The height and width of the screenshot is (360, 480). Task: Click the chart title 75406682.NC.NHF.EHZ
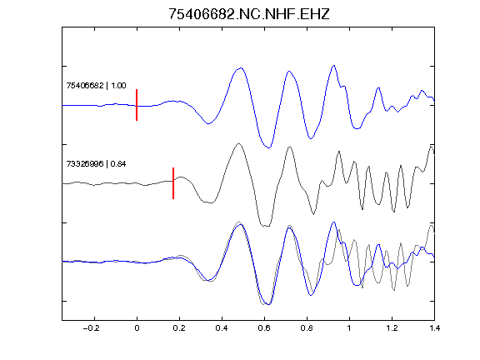pyautogui.click(x=249, y=14)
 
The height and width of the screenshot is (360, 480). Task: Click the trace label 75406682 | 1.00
pyautogui.click(x=96, y=85)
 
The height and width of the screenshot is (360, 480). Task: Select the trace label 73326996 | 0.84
pyautogui.click(x=96, y=164)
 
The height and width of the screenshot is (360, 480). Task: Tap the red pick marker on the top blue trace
pyautogui.click(x=137, y=105)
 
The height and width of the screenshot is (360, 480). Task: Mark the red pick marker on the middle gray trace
pyautogui.click(x=173, y=183)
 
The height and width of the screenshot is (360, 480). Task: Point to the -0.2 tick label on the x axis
pyautogui.click(x=92, y=328)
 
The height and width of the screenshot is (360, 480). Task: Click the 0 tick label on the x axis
pyautogui.click(x=137, y=328)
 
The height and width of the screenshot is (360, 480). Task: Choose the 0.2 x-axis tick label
pyautogui.click(x=179, y=328)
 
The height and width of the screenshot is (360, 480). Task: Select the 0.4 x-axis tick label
pyautogui.click(x=222, y=328)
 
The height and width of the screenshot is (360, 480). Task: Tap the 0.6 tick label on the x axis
pyautogui.click(x=264, y=328)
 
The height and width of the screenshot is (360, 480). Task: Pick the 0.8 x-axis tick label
pyautogui.click(x=307, y=328)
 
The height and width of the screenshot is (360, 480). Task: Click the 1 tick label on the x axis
pyautogui.click(x=349, y=328)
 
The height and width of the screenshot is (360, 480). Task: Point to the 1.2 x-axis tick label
pyautogui.click(x=392, y=328)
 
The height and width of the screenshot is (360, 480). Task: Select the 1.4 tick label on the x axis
pyautogui.click(x=434, y=328)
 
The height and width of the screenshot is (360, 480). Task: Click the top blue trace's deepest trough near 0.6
pyautogui.click(x=269, y=147)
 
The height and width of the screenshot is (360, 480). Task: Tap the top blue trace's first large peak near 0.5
pyautogui.click(x=241, y=68)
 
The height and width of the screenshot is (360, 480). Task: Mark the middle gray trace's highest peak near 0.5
pyautogui.click(x=239, y=143)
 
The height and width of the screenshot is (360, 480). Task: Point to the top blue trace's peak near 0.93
pyautogui.click(x=334, y=65)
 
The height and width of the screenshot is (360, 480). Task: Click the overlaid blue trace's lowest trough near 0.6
pyautogui.click(x=269, y=304)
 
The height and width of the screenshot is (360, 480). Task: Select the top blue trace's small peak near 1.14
pyautogui.click(x=378, y=87)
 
